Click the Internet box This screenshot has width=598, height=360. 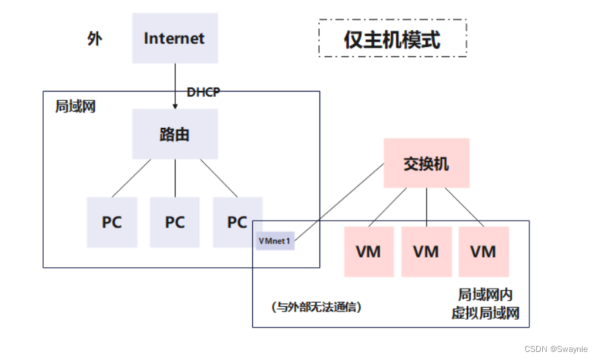coord(174,38)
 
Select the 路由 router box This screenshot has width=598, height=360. coord(174,135)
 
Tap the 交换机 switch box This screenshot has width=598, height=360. coord(426,164)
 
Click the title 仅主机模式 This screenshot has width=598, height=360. coord(392,39)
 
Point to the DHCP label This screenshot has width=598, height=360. coord(203,92)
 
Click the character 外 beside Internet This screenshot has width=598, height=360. coord(95,38)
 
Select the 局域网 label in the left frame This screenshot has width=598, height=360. coord(75,107)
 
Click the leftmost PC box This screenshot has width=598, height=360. coord(112,222)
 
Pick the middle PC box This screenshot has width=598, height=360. coord(174,222)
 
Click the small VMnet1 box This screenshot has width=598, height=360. coord(274,240)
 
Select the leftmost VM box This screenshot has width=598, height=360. coord(369,252)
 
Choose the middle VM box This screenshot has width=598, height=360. coord(426,252)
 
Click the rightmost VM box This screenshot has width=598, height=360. coord(483,252)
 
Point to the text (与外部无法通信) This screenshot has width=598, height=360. coord(317,307)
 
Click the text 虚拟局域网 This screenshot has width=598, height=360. coord(485,313)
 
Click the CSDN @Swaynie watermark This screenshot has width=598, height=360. coord(556,349)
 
